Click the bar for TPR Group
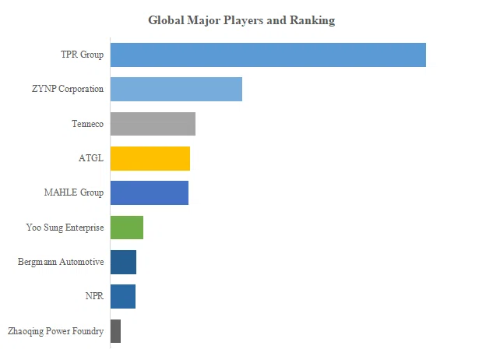(x=268, y=55)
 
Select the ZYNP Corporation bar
(x=176, y=90)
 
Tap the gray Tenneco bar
(x=153, y=124)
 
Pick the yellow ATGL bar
(x=150, y=159)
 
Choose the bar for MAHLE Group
(x=150, y=192)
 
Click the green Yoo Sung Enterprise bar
(x=127, y=228)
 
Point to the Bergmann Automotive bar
(x=123, y=262)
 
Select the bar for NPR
(x=123, y=296)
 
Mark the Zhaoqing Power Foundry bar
(x=116, y=331)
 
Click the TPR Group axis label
(x=83, y=55)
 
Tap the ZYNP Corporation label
(x=68, y=89)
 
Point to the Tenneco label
(x=88, y=124)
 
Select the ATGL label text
(x=91, y=158)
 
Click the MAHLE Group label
(x=74, y=192)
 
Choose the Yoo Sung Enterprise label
(x=65, y=228)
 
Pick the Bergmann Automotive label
(x=61, y=262)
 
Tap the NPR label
(x=95, y=296)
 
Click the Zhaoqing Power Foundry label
(x=56, y=331)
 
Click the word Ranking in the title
(x=312, y=20)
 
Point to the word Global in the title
(x=167, y=20)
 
